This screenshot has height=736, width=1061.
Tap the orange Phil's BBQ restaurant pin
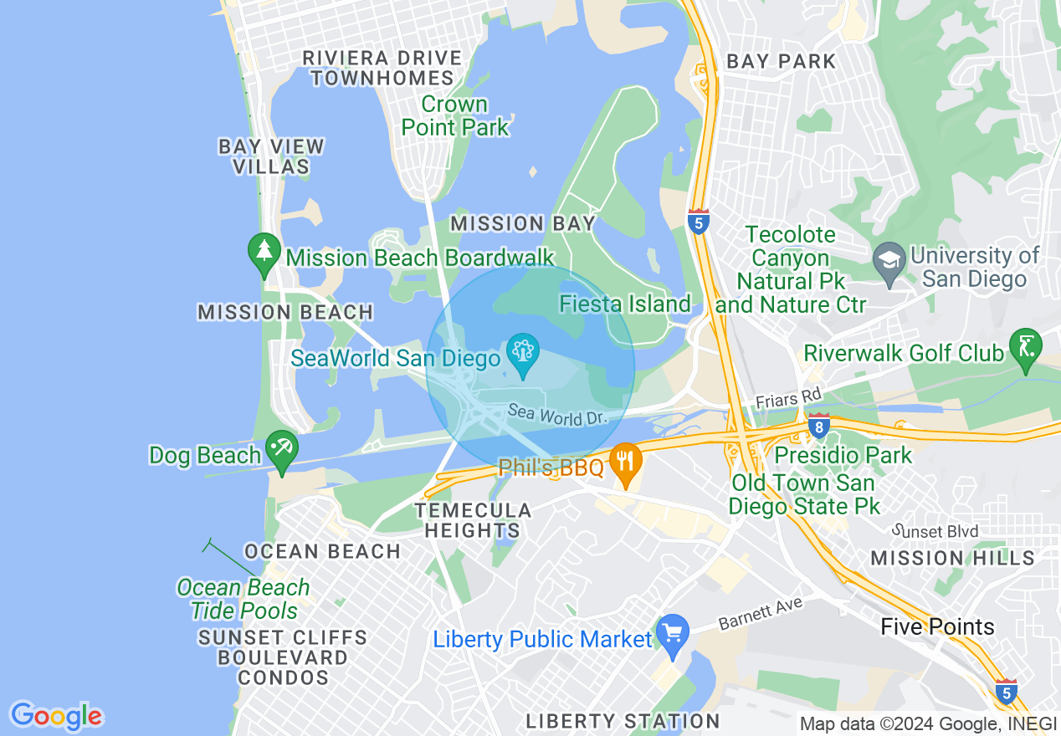point(625,461)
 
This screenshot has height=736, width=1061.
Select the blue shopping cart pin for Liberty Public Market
point(673,633)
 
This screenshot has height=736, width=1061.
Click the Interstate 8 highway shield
point(818,426)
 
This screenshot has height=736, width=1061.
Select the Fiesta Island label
point(626,304)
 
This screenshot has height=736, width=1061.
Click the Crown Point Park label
point(455,116)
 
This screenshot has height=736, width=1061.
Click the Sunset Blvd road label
point(935,531)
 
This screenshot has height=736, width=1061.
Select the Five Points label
point(937,627)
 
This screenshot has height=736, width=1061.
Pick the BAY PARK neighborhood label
point(781,61)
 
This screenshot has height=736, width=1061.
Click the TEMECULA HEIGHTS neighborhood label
point(473,520)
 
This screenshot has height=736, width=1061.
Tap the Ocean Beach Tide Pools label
point(243,599)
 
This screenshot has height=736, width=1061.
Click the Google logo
point(56,716)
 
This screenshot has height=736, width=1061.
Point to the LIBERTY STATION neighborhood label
point(623,721)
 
